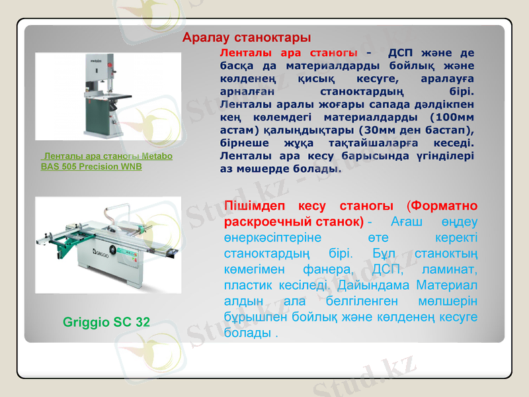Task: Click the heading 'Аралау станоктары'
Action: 247,37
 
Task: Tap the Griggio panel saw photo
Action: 108,244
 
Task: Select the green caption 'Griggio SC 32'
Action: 106,322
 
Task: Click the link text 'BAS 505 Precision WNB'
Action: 91,167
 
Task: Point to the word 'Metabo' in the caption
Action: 157,156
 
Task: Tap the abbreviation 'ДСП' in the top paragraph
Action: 402,52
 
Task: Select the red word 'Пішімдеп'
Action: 256,206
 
